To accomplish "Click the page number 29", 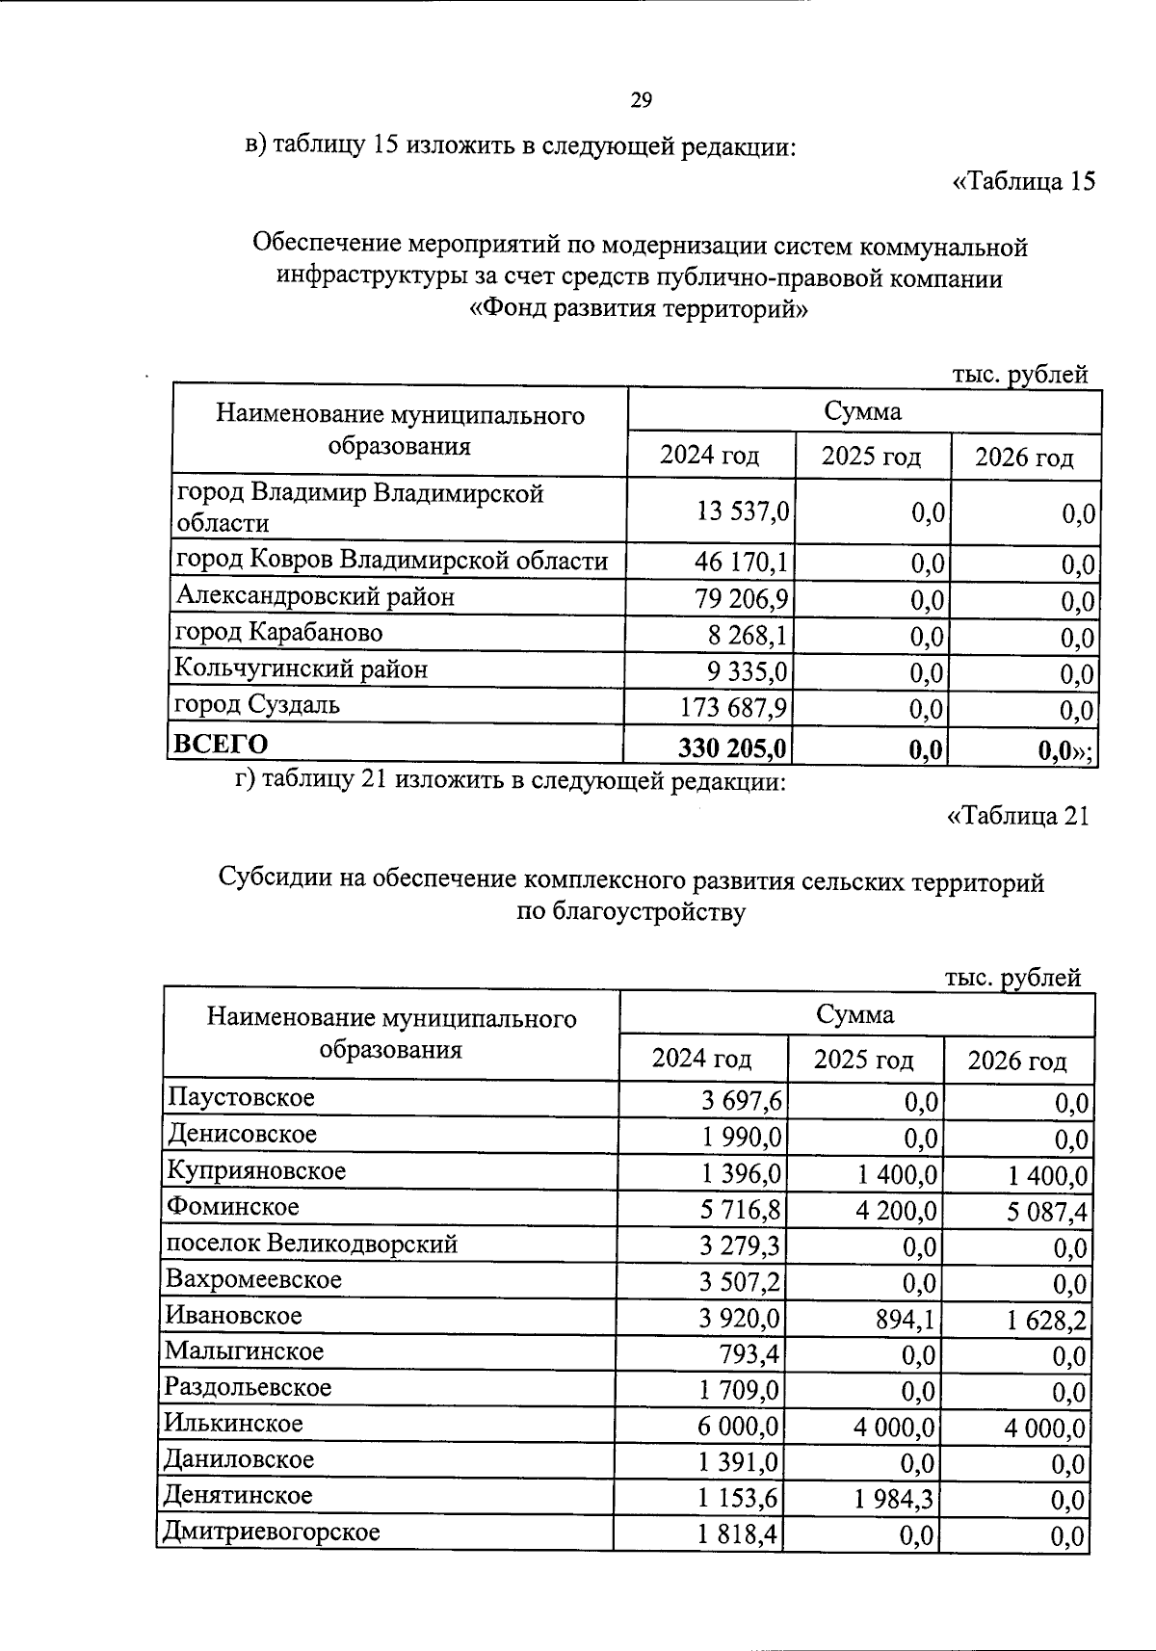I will coord(642,100).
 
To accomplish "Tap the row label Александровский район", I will coord(315,597).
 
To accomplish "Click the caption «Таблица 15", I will coord(1023,181).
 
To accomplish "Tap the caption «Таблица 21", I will coord(1018,816).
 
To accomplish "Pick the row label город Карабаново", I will coord(278,633).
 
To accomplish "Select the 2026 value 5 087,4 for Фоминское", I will coord(1048,1211).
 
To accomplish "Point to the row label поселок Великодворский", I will coord(312,1244).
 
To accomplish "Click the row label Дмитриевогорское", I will coord(273,1532).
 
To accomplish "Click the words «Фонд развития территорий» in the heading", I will coord(637,310).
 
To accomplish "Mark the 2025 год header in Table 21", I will coord(863,1060).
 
